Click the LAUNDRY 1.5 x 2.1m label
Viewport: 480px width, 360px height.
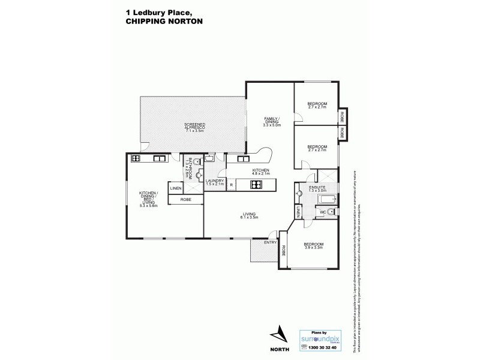[x=215, y=182]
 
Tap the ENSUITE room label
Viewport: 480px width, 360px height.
[x=317, y=189]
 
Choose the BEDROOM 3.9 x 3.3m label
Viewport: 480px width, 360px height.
[x=313, y=245]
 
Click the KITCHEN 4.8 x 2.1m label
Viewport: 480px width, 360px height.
[x=260, y=173]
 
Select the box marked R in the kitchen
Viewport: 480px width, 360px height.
[x=231, y=185]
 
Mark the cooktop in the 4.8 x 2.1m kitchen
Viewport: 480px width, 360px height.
[x=254, y=185]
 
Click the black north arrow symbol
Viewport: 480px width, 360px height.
[x=278, y=334]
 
